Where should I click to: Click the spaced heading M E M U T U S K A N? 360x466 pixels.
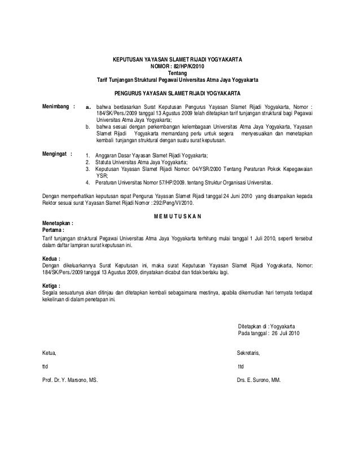point(179,216)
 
